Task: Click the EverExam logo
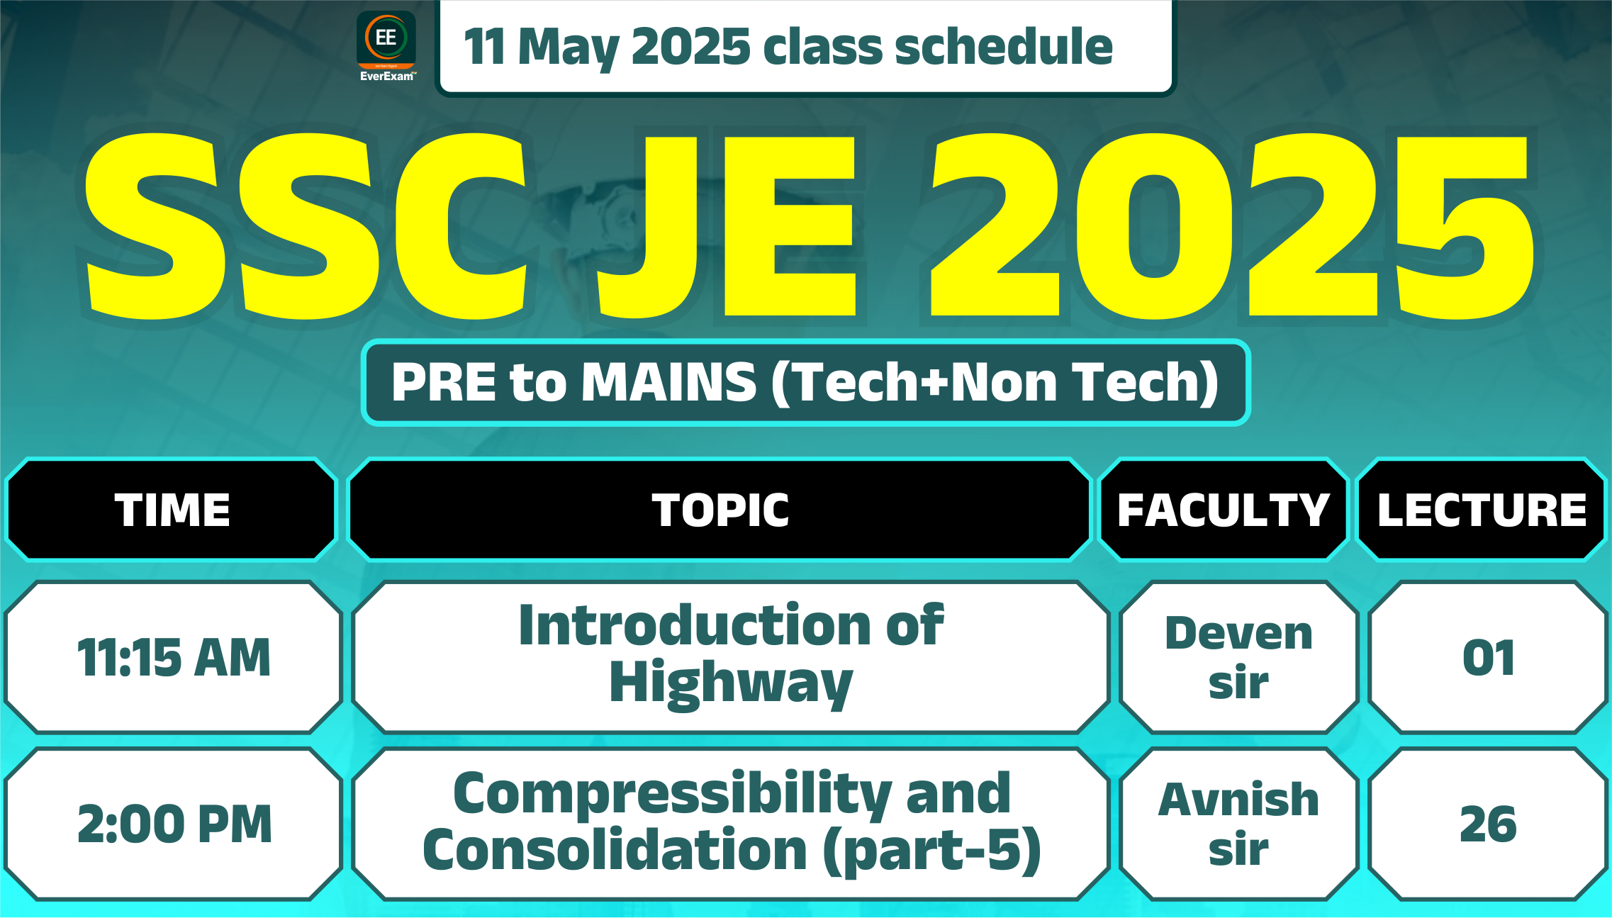pyautogui.click(x=386, y=47)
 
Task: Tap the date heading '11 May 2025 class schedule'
pyautogui.click(x=788, y=47)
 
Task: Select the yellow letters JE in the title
pyautogui.click(x=727, y=225)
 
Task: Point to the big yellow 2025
pyautogui.click(x=1232, y=225)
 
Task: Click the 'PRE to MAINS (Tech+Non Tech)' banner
pyautogui.click(x=805, y=382)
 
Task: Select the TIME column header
pyautogui.click(x=172, y=510)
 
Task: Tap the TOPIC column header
pyautogui.click(x=720, y=510)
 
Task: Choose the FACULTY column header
pyautogui.click(x=1223, y=510)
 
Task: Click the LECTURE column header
pyautogui.click(x=1482, y=510)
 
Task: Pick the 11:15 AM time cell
pyautogui.click(x=174, y=657)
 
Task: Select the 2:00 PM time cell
pyautogui.click(x=174, y=824)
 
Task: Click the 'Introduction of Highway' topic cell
pyautogui.click(x=731, y=657)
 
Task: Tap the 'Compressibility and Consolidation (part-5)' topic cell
pyautogui.click(x=731, y=824)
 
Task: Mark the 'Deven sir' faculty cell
pyautogui.click(x=1238, y=657)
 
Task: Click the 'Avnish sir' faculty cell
pyautogui.click(x=1238, y=824)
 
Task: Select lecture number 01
pyautogui.click(x=1488, y=657)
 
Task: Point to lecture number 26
pyautogui.click(x=1488, y=824)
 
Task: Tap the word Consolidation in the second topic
pyautogui.click(x=615, y=849)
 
